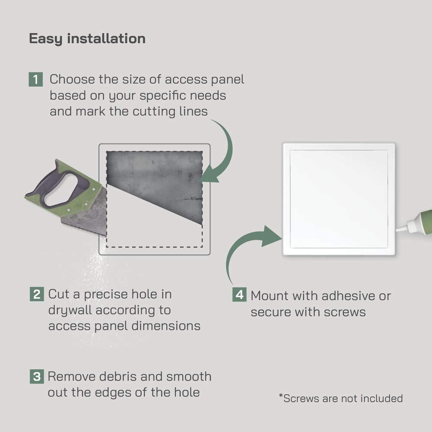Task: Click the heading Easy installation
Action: pos(87,38)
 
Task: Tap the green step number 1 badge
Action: pos(36,79)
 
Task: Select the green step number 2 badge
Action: pos(37,294)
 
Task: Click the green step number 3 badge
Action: pos(37,376)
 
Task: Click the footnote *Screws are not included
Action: pos(341,398)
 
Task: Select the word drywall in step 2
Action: pos(70,310)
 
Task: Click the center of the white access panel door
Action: pos(339,199)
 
